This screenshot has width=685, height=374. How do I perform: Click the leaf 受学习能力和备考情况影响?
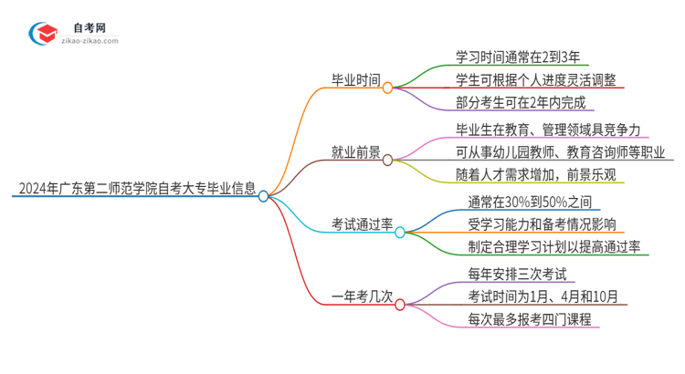tap(541, 223)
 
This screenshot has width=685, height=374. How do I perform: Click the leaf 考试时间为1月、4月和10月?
tap(543, 296)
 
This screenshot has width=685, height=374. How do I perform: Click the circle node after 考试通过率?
tap(400, 233)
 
